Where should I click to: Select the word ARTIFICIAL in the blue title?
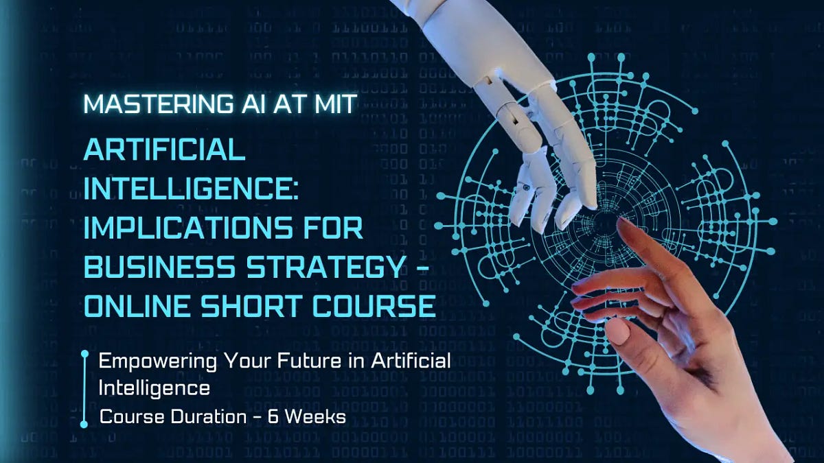164,149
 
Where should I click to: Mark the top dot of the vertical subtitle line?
84,355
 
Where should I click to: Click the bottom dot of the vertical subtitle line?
84,424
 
